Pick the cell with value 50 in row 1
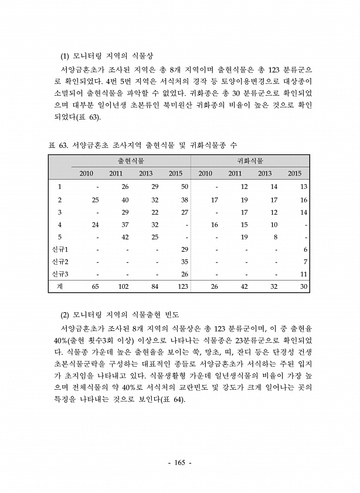[x=184, y=186]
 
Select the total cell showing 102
[x=123, y=287]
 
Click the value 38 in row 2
[x=184, y=200]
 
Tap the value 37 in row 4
[x=125, y=224]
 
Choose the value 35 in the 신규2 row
[x=184, y=262]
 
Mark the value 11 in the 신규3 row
[x=304, y=274]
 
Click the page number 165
[x=180, y=464]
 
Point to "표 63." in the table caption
[x=57, y=144]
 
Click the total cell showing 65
[x=95, y=287]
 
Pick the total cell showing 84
[x=155, y=287]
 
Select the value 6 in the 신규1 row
[x=305, y=249]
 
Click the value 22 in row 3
[x=155, y=212]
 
